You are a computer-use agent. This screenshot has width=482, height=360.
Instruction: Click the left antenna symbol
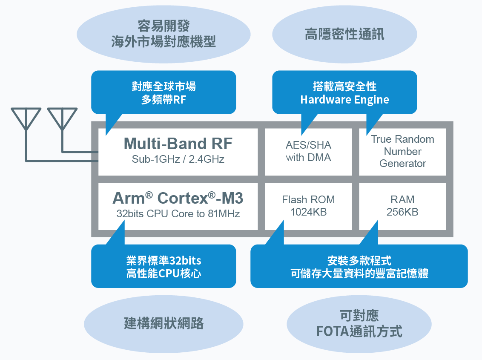coord(26,119)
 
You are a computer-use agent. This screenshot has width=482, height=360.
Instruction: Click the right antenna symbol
coord(62,119)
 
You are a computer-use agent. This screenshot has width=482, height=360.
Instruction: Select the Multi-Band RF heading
coord(178,144)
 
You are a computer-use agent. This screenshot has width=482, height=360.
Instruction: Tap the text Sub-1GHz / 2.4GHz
coord(178,160)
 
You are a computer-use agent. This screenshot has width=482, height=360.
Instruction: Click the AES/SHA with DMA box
coord(308,152)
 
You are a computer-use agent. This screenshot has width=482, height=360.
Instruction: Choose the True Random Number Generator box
coord(402,152)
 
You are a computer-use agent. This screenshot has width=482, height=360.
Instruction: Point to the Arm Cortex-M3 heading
coord(178,198)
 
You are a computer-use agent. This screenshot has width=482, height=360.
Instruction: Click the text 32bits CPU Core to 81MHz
coord(178,214)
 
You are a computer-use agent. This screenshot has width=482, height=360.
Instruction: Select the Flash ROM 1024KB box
coord(308,206)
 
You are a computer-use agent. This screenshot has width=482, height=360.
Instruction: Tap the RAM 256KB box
coord(402,206)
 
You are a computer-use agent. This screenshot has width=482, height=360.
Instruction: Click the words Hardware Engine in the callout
coord(344,100)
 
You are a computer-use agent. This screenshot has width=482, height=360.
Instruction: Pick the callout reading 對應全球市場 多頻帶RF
coord(164,93)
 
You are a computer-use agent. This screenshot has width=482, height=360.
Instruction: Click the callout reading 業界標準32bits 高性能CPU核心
coord(164,267)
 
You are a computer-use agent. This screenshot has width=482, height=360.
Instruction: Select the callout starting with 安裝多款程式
coord(359,267)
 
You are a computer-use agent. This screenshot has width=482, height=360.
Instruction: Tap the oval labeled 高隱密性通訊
coord(344,35)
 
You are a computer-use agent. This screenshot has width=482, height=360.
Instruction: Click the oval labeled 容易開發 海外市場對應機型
coord(164,35)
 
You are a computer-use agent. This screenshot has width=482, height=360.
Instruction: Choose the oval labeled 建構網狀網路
coord(164,323)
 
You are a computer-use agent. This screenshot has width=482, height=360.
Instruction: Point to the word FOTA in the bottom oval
coord(332,331)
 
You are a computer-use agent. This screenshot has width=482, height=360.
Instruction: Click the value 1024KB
coord(308,212)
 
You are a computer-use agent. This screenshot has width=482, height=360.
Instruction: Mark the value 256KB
coord(402,212)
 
